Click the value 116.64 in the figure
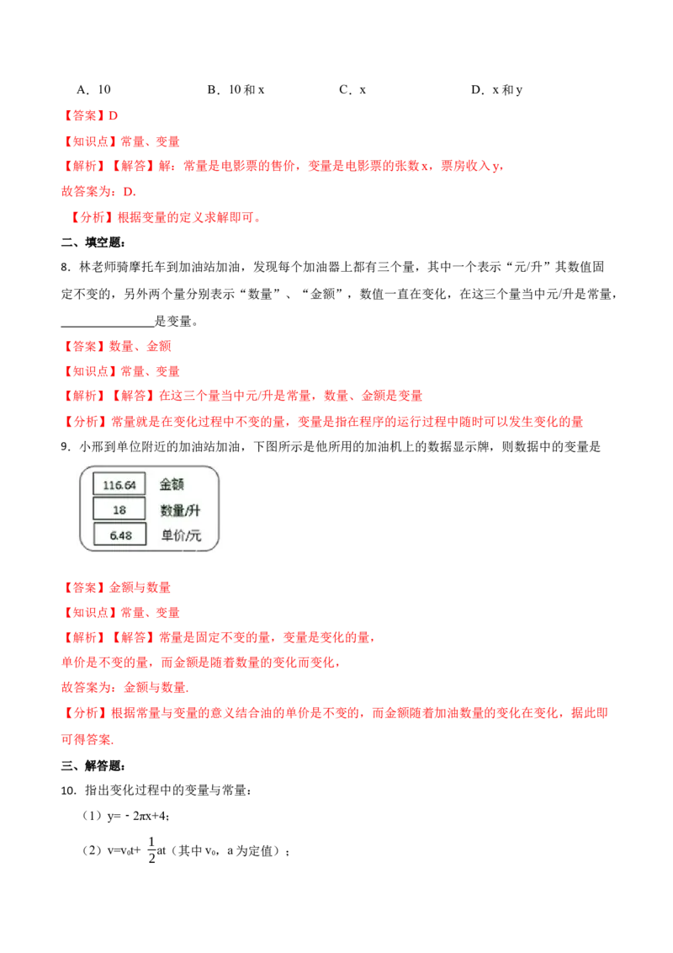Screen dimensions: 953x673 [119, 484]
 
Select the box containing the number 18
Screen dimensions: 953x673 [119, 509]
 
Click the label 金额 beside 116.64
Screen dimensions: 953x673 [172, 484]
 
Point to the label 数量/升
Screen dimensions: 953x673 [180, 510]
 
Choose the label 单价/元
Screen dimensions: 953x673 [181, 535]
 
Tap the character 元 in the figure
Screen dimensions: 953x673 [195, 535]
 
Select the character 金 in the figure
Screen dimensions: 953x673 [166, 484]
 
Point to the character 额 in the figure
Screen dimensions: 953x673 [178, 484]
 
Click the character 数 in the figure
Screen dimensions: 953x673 [166, 510]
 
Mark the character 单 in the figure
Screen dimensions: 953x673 [167, 535]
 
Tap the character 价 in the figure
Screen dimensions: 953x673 [178, 535]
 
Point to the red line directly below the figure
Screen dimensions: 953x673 [118, 588]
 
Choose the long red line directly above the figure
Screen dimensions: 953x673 [324, 421]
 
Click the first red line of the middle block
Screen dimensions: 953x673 [118, 345]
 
